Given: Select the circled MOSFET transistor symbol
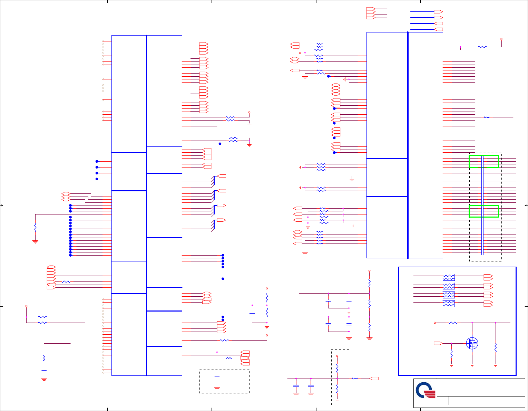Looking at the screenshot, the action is [x=472, y=343].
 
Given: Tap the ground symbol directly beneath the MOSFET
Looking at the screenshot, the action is [x=472, y=365].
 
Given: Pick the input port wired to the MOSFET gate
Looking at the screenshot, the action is [x=438, y=343].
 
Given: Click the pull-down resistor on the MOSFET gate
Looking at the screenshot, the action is [x=451, y=354].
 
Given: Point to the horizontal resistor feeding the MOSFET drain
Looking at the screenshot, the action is [x=453, y=323].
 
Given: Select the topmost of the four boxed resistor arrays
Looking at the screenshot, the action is [x=449, y=277].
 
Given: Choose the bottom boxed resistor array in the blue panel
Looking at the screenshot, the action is [x=449, y=304].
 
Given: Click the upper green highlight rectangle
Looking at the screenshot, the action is [x=483, y=161].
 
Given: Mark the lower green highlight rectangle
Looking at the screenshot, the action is [x=483, y=211].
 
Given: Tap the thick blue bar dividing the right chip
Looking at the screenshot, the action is [x=408, y=145].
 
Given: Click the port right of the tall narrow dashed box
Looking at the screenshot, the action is [x=374, y=379].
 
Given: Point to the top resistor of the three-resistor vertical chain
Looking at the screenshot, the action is [x=369, y=283].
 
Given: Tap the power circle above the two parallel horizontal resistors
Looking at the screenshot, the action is [x=26, y=306].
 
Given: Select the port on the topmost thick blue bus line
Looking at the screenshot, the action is [x=438, y=12].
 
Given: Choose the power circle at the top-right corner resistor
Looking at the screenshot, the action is [x=501, y=39].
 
